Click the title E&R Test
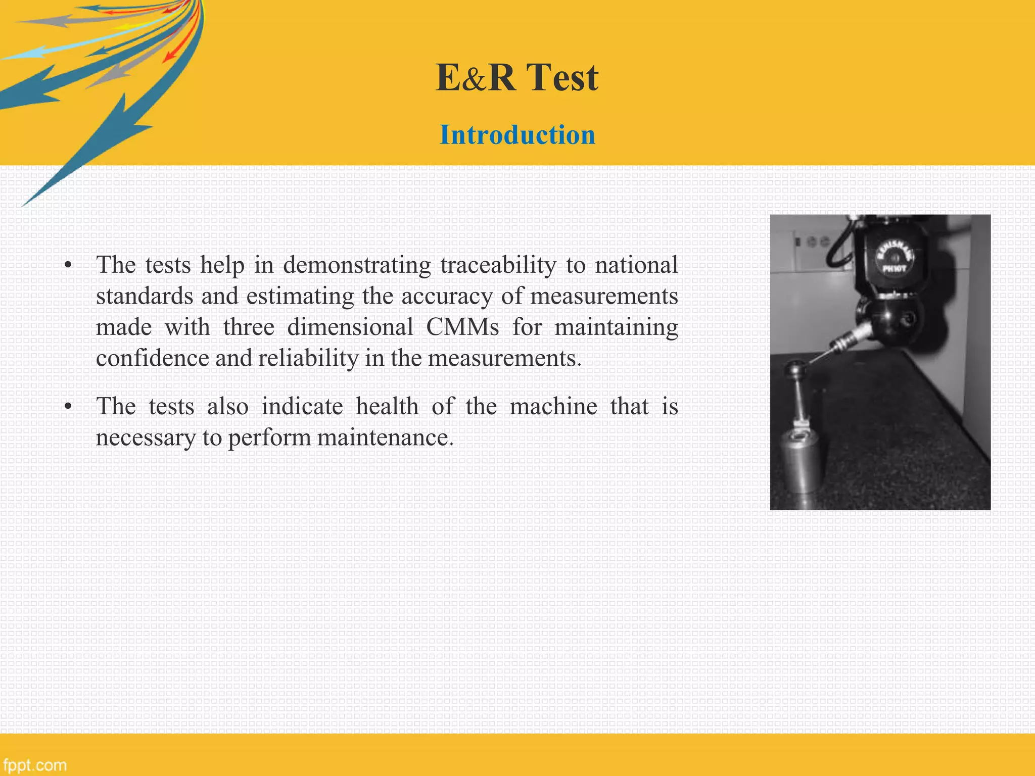517,78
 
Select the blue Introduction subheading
517,135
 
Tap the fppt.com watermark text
34,765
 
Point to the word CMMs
462,327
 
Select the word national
636,265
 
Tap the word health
387,406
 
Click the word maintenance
385,438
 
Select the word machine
553,406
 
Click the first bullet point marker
68,265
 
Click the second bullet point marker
68,407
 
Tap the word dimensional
350,327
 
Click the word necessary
145,438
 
